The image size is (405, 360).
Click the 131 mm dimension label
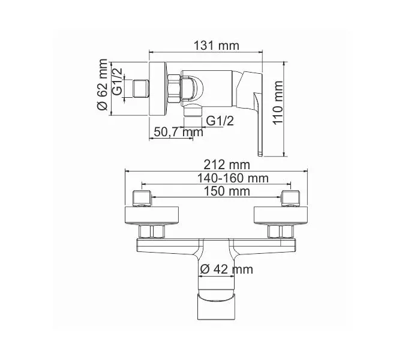[x=217, y=46]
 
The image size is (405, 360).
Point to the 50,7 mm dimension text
[x=179, y=132]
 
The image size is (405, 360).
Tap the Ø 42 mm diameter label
[x=226, y=269]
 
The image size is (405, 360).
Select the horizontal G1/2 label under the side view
[x=220, y=121]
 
